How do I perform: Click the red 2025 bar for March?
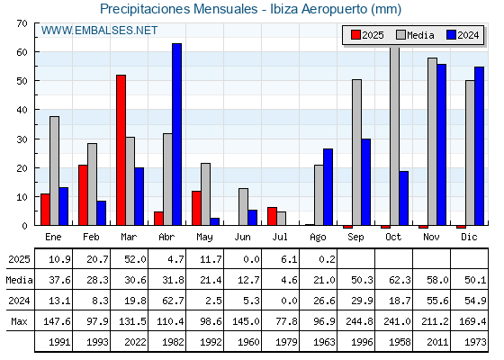(x=121, y=150)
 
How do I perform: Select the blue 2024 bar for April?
(x=176, y=134)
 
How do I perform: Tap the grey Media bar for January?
(x=54, y=171)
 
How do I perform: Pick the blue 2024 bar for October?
(x=404, y=198)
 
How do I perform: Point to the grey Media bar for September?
(x=356, y=152)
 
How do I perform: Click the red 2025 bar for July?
(x=272, y=216)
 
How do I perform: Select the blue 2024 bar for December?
(x=479, y=146)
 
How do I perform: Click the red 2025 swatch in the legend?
(x=355, y=35)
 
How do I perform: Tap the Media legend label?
(x=420, y=35)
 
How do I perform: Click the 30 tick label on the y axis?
(x=22, y=139)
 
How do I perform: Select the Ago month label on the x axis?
(x=318, y=238)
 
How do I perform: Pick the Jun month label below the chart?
(x=242, y=238)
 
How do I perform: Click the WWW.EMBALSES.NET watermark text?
(x=99, y=31)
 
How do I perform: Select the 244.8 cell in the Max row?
(x=359, y=321)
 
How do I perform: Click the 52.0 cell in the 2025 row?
(x=135, y=259)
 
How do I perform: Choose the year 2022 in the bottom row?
(x=135, y=342)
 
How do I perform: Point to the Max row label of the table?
(x=19, y=321)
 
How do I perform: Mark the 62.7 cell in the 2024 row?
(x=173, y=301)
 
